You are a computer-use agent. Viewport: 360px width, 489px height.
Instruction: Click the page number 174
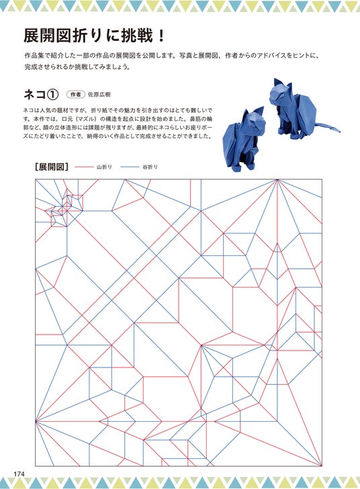tap(19, 473)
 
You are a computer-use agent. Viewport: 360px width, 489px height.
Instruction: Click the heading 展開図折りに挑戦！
tap(94, 36)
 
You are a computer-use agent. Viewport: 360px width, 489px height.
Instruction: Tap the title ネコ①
tap(41, 95)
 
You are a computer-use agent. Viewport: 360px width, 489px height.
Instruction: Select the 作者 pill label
tap(75, 95)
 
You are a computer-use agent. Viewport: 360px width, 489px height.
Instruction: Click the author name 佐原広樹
tap(99, 95)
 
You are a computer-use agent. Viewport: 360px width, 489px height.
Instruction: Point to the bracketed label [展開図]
tap(52, 167)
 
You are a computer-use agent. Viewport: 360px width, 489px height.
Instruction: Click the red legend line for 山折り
tap(84, 167)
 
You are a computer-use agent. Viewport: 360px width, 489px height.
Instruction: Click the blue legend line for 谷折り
tap(130, 167)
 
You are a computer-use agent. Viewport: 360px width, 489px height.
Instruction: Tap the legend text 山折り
tap(104, 167)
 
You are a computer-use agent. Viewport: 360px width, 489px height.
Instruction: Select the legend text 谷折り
tap(150, 167)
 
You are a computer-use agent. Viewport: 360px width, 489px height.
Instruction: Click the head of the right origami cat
tap(281, 93)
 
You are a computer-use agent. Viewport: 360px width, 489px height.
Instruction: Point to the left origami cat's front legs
tap(246, 161)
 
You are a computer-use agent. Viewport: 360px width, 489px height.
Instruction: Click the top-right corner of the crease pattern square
tap(322, 179)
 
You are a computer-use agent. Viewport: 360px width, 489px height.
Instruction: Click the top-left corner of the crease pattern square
tap(35, 179)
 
